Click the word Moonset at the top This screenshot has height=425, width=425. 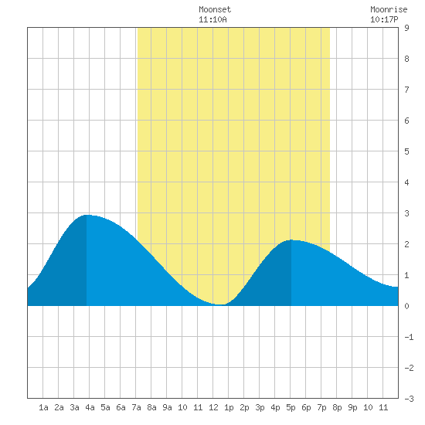tap(215, 9)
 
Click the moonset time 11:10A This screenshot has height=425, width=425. tap(212, 19)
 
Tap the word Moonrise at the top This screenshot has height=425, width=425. tap(389, 9)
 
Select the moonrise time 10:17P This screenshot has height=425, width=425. tap(384, 19)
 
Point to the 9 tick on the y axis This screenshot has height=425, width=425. tap(406, 28)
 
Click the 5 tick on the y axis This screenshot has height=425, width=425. tap(406, 151)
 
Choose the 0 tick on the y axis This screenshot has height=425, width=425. tap(406, 306)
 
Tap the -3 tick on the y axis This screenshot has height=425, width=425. tap(409, 399)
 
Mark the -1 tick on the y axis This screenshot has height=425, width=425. tap(409, 337)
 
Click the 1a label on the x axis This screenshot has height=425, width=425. tap(43, 407)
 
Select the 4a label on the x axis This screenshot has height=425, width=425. tap(90, 407)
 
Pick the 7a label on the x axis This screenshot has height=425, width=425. tap(136, 407)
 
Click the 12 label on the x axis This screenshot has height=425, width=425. tap(213, 407)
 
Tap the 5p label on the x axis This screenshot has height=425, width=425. tap(291, 407)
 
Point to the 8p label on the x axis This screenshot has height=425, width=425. tap(337, 407)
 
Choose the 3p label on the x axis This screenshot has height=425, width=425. tap(260, 407)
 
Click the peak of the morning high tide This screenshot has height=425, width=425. tap(87, 216)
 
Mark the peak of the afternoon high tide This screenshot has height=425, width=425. tap(291, 240)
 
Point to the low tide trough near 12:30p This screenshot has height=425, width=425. tap(221, 304)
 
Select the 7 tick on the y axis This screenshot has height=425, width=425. tap(406, 90)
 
